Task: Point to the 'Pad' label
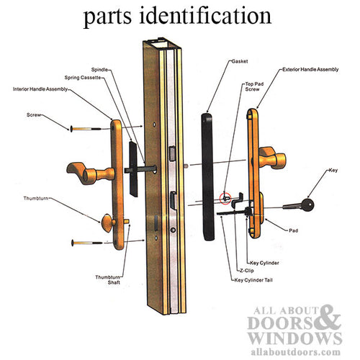tap(293, 230)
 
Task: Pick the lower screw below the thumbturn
tap(88, 243)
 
